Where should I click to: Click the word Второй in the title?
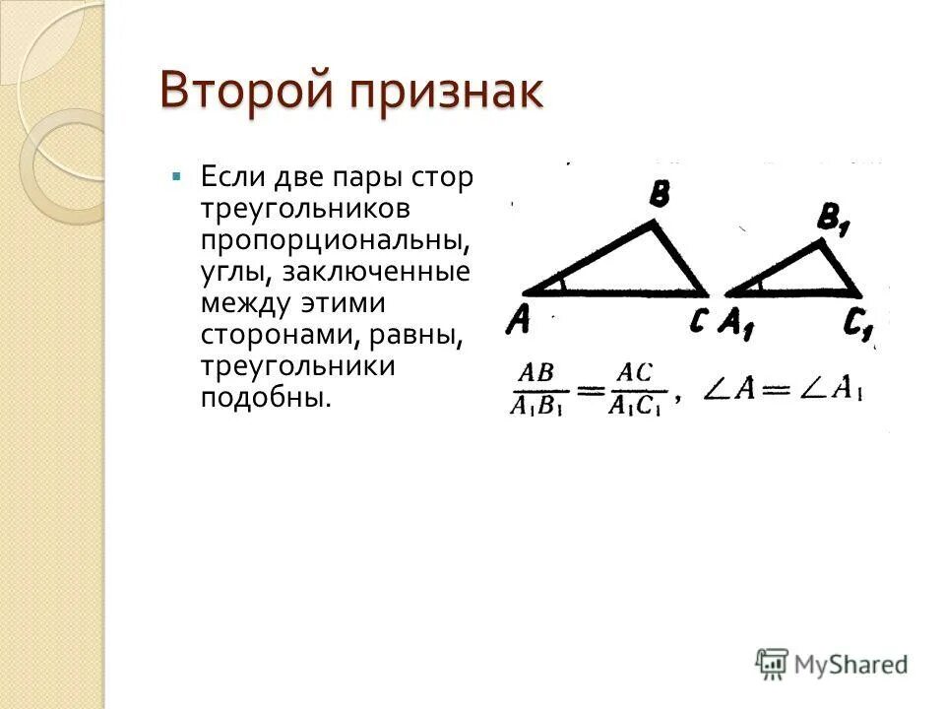pyautogui.click(x=242, y=94)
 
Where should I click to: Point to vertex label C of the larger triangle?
pyautogui.click(x=697, y=321)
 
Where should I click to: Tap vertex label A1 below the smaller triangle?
pyautogui.click(x=736, y=323)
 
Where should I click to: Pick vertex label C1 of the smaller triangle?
pyautogui.click(x=858, y=324)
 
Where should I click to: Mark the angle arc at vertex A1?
pyautogui.click(x=759, y=285)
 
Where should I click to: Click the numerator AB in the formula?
pyautogui.click(x=536, y=373)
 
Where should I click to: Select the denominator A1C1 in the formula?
pyautogui.click(x=635, y=405)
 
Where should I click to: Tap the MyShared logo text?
pyautogui.click(x=851, y=664)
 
